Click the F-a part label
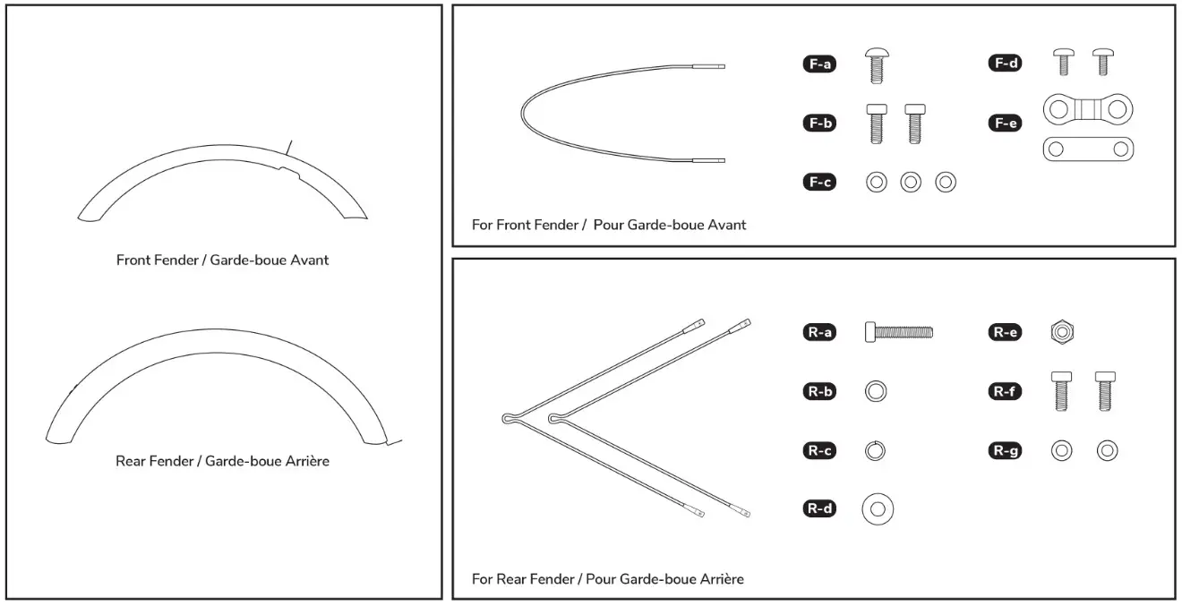(819, 64)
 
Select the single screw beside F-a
(876, 66)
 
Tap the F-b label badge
(819, 124)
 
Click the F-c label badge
(819, 183)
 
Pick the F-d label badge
(1006, 64)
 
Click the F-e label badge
(1006, 124)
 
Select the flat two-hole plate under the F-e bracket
(1088, 149)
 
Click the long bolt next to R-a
(899, 332)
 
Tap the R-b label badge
(819, 391)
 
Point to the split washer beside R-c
(876, 450)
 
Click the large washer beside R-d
(878, 509)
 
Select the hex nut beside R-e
(1062, 332)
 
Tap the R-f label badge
(1006, 391)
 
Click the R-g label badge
(1006, 450)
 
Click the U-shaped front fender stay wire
(523, 114)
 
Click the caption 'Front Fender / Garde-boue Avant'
(222, 260)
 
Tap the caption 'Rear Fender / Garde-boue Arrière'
(222, 462)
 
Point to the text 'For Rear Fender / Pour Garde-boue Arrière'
(607, 579)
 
